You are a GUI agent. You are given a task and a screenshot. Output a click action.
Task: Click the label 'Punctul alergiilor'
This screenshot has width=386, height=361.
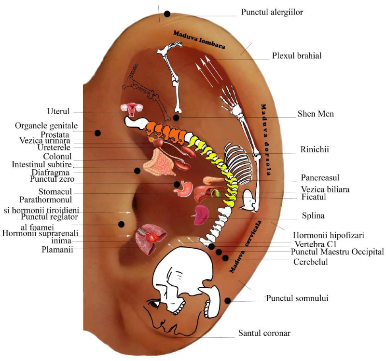272,12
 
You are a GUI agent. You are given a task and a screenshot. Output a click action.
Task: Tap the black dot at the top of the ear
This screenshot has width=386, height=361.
167,14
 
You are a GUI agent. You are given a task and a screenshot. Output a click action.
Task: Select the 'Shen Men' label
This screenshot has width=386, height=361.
316,114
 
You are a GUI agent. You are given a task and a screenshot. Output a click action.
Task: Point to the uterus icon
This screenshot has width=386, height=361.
131,110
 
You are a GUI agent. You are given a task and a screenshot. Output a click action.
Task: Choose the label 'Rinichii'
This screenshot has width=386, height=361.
314,149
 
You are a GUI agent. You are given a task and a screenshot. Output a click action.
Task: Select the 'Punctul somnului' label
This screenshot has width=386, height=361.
297,298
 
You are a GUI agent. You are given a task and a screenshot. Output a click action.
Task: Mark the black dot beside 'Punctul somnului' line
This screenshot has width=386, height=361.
228,301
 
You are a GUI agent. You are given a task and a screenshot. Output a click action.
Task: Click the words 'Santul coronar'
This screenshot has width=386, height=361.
264,333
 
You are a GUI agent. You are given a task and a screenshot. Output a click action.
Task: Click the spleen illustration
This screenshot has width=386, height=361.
202,214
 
